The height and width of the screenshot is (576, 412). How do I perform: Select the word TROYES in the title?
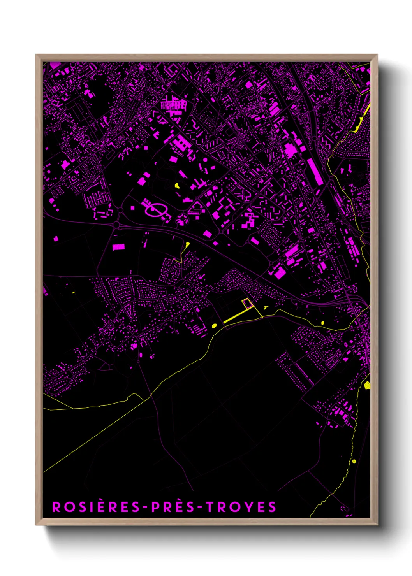pos(241,507)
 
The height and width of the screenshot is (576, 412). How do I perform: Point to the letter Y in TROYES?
pos(251,507)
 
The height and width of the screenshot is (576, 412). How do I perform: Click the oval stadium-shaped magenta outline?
pos(157,210)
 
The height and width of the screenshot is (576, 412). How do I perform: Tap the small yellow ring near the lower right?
pos(354,461)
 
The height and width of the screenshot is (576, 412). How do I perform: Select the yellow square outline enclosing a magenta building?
pos(246,304)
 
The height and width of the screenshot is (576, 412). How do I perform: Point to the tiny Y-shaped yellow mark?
pos(266,307)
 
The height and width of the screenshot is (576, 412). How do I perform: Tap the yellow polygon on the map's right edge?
pos(367,385)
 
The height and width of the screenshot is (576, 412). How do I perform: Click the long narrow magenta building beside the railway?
pos(315,172)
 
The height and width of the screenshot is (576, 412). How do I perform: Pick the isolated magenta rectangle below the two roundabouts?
pos(118,247)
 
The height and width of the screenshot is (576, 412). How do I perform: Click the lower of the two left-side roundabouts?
pos(116,225)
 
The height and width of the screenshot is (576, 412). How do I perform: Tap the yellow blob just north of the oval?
pos(177,185)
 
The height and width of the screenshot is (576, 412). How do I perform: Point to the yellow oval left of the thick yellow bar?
pos(214,326)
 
